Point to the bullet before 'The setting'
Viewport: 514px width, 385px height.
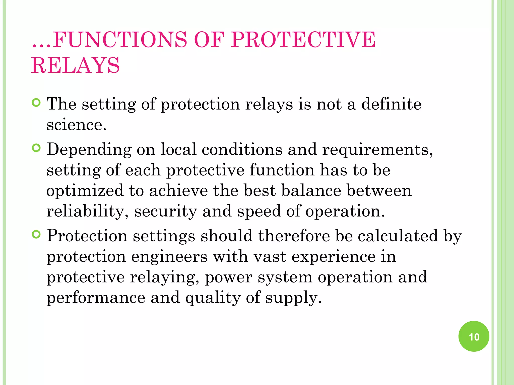pyautogui.click(x=36, y=103)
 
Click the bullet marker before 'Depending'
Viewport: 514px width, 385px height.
pyautogui.click(x=36, y=148)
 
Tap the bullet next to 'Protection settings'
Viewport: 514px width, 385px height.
pyautogui.click(x=36, y=235)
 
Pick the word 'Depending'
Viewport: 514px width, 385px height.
pyautogui.click(x=89, y=150)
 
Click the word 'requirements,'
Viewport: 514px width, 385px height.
pyautogui.click(x=377, y=150)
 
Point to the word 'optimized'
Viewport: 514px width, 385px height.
pyautogui.click(x=85, y=191)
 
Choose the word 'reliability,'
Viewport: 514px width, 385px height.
pyautogui.click(x=88, y=211)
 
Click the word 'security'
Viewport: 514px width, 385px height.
pyautogui.click(x=165, y=211)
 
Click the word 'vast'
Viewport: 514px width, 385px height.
pyautogui.click(x=270, y=257)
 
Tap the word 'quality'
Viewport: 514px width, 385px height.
pyautogui.click(x=213, y=298)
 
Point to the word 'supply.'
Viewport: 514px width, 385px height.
pyautogui.click(x=293, y=298)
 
